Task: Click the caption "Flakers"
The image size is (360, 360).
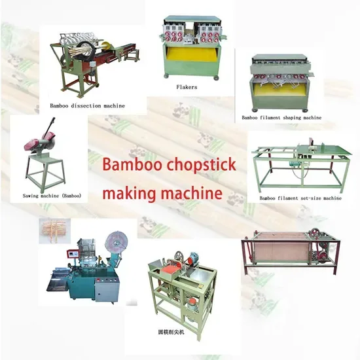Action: point(187,87)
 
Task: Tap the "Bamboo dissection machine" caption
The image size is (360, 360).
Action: point(88,106)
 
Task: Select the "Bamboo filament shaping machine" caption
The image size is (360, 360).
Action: point(281,118)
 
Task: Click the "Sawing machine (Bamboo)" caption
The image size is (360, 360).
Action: point(52,196)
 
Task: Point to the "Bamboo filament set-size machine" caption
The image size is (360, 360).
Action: point(300,198)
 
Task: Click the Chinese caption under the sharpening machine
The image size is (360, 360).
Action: point(171,333)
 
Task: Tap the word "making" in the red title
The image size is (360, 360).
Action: point(130,193)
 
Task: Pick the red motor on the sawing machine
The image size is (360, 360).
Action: point(33,144)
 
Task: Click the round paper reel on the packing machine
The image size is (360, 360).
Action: point(117,242)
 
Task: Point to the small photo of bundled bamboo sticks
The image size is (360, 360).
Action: point(54,231)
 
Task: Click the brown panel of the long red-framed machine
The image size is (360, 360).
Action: point(281,252)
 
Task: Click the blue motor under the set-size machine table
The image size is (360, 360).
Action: point(291,164)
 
